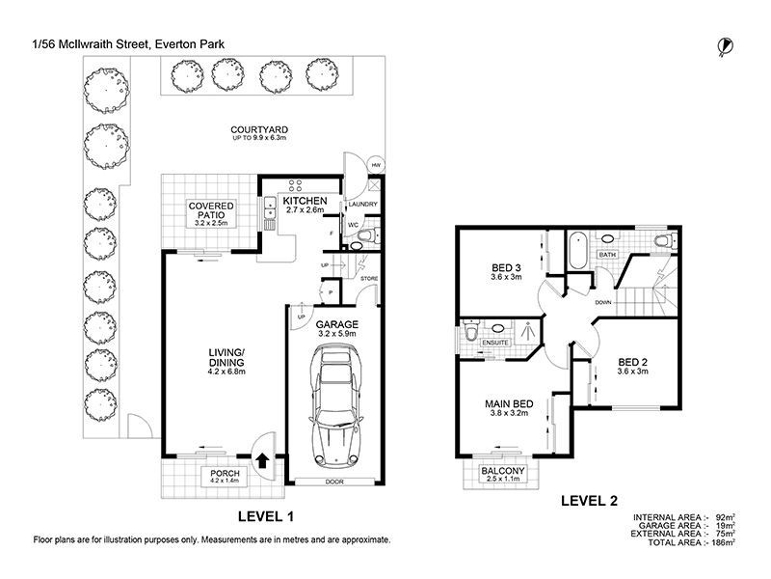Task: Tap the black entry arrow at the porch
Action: pyautogui.click(x=262, y=461)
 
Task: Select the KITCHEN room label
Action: pyautogui.click(x=305, y=201)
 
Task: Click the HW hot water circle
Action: pyautogui.click(x=376, y=165)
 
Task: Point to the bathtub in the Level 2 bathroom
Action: pyautogui.click(x=577, y=251)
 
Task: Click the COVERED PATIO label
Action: pyautogui.click(x=211, y=210)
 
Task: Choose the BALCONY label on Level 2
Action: pyautogui.click(x=502, y=471)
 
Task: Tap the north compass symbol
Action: pyautogui.click(x=725, y=46)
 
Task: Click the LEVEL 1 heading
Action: pyautogui.click(x=266, y=516)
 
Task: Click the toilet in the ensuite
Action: pyautogui.click(x=470, y=330)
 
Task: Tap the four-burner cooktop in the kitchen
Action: pyautogui.click(x=295, y=185)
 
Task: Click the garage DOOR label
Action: pyautogui.click(x=334, y=482)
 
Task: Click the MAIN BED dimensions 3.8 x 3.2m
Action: pyautogui.click(x=509, y=413)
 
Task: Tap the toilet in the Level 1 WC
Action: pyautogui.click(x=366, y=237)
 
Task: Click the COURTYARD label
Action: pyautogui.click(x=259, y=129)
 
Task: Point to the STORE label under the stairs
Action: pyautogui.click(x=369, y=279)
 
